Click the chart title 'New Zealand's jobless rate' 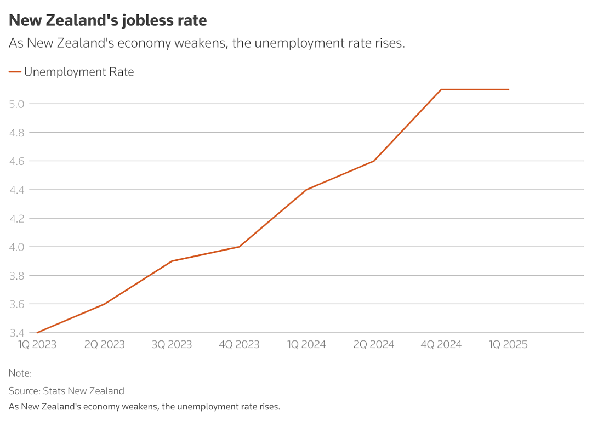point(108,21)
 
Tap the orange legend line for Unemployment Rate point(15,72)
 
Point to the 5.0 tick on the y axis point(16,104)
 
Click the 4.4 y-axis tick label point(16,190)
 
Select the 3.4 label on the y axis point(16,333)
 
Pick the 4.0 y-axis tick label point(16,247)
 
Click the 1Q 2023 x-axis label point(37,344)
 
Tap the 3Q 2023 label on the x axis point(172,344)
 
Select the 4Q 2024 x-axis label point(441,344)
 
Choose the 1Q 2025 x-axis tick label point(508,344)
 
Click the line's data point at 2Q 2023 point(105,304)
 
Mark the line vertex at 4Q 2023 point(239,247)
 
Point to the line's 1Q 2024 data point point(306,190)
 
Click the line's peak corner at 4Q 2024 point(441,89)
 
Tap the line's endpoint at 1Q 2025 point(509,89)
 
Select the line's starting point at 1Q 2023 point(37,333)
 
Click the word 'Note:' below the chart point(20,373)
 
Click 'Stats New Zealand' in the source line point(83,391)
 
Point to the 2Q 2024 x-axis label point(374,344)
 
